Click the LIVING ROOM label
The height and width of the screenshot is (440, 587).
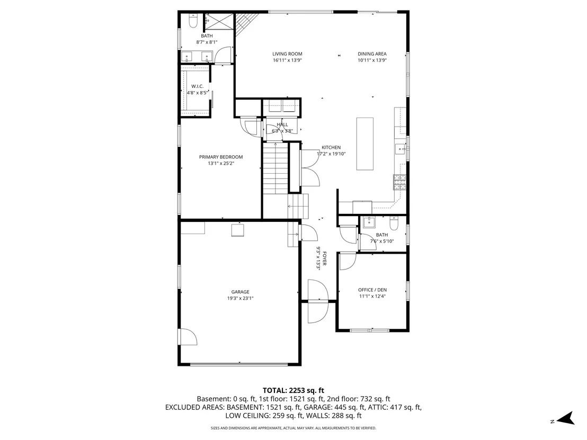coord(287,54)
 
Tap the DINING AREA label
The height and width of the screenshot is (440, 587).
coord(372,54)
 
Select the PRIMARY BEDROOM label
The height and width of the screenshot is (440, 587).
coord(221,157)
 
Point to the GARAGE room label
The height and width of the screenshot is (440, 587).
coord(240,292)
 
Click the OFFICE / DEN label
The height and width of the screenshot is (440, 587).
coord(372,290)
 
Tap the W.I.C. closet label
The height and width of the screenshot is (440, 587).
coord(197,86)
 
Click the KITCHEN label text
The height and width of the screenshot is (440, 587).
coord(331,147)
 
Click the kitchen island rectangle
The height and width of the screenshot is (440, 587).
coord(364,143)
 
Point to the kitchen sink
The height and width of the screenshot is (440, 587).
coord(401,149)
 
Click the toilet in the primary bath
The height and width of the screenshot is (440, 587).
coord(193,21)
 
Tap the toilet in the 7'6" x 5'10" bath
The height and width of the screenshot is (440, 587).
coord(394,223)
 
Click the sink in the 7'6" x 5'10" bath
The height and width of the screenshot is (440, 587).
coord(369,222)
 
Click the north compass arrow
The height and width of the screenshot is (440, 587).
coord(566,418)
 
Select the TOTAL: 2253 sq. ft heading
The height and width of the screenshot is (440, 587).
coord(293,391)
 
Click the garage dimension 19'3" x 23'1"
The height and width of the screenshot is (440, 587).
coord(240,298)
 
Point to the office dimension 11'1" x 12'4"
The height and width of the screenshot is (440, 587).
coord(372,297)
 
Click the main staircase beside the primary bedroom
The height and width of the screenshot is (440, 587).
coord(275,168)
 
